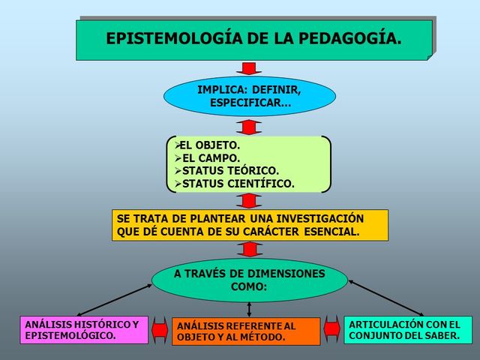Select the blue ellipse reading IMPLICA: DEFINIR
249,96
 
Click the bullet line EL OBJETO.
210,145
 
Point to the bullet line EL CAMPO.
210,157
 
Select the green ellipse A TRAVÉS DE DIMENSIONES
249,280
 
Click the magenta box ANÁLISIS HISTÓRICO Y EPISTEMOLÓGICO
82,330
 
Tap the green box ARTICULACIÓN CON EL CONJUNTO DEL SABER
408,329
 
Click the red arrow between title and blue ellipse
249,68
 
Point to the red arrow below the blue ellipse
249,126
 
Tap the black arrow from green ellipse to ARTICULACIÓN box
386,298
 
